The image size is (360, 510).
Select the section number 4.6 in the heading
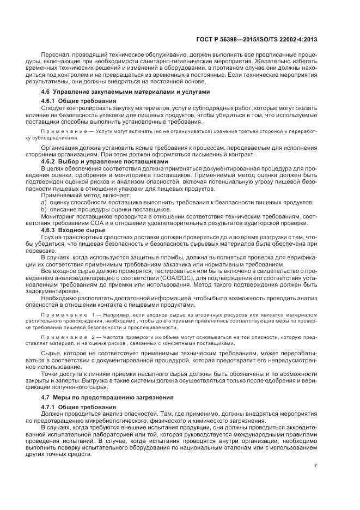coord(46,92)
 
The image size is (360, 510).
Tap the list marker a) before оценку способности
coord(44,203)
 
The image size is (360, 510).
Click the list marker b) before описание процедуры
coord(44,209)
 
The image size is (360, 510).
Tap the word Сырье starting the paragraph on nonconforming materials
coord(51,354)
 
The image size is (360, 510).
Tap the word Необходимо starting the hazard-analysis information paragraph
coord(61,298)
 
